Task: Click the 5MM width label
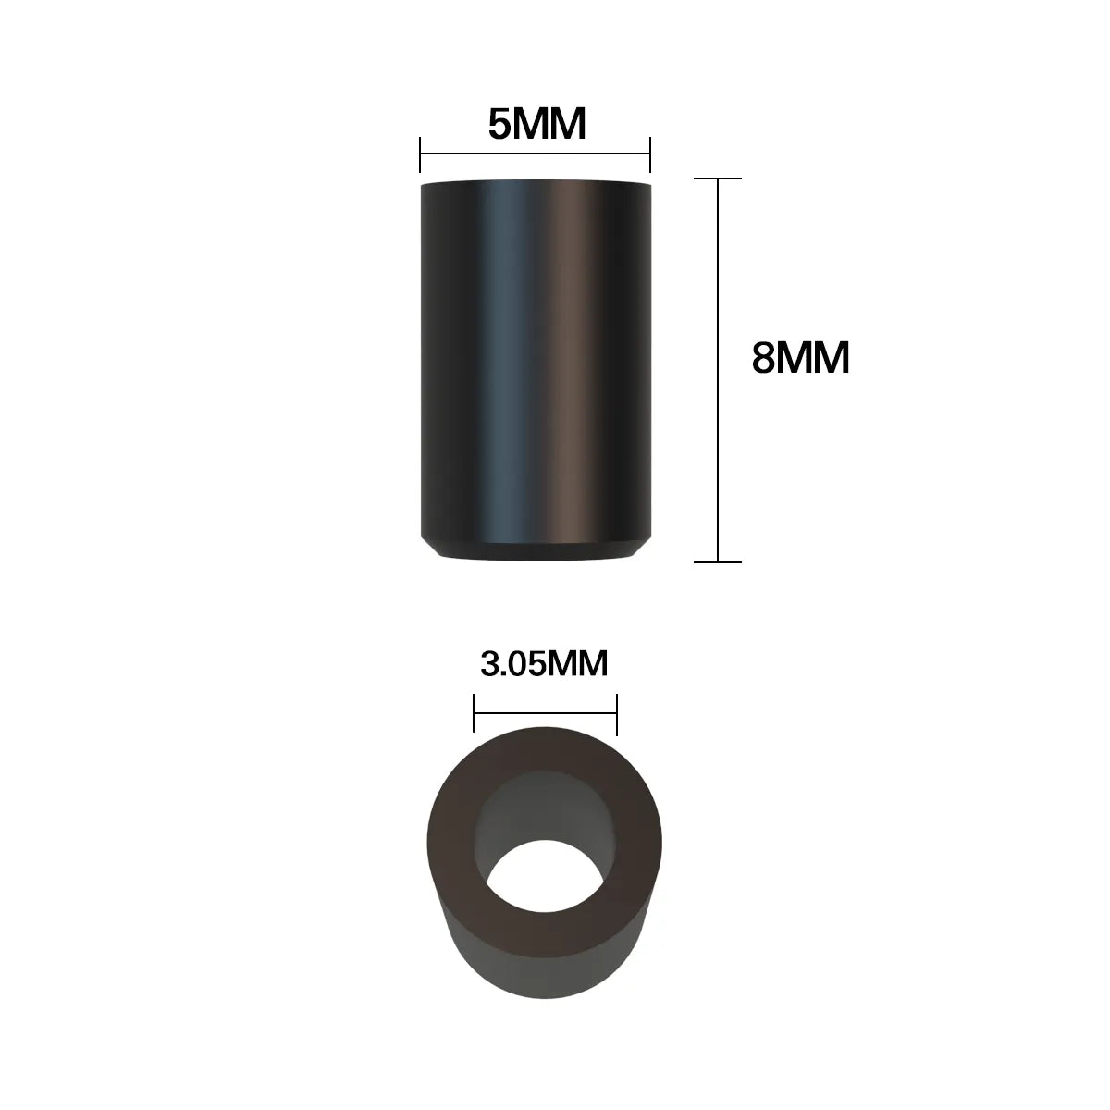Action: (536, 124)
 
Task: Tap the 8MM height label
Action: (801, 358)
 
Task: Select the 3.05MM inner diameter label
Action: (544, 663)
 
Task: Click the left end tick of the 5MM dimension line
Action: (420, 154)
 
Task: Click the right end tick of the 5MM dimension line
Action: (650, 154)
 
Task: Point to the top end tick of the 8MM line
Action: (718, 179)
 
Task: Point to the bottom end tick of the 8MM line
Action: (718, 561)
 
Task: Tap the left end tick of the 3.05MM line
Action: (474, 713)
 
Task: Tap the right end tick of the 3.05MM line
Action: (617, 714)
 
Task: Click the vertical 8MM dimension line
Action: (718, 370)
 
